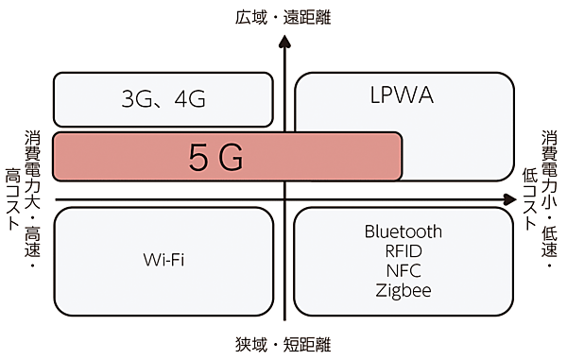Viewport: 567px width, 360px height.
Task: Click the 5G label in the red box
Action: pos(216,158)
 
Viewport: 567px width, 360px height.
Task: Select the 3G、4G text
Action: pos(164,99)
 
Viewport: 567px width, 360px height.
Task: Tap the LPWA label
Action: pos(402,96)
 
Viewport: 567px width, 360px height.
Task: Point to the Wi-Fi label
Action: pos(163,259)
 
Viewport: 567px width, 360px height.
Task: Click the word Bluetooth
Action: pos(403,231)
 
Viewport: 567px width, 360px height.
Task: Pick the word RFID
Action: pos(403,251)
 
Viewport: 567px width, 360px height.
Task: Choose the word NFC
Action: pos(403,271)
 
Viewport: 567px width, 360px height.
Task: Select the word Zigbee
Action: pos(403,290)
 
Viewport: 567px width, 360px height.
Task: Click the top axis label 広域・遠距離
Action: pos(283,16)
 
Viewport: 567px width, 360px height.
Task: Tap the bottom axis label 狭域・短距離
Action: pos(283,344)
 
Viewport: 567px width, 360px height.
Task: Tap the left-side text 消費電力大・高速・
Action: pos(31,199)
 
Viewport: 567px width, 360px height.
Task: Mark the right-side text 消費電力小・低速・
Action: pos(550,199)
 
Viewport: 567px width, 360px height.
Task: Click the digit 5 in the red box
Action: pos(198,158)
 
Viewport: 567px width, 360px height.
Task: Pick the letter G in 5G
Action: pos(232,158)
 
